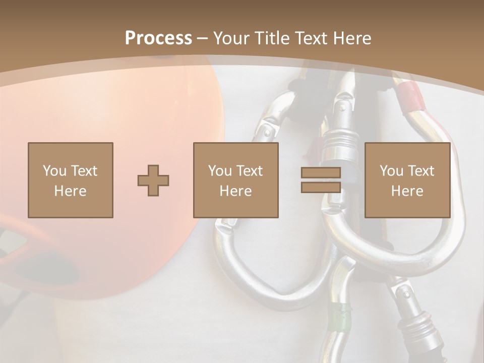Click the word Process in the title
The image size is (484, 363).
tap(158, 38)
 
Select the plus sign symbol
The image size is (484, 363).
tap(153, 180)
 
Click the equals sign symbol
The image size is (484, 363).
tap(321, 180)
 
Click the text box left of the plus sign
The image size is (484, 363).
tap(70, 180)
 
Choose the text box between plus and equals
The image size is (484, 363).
tap(235, 180)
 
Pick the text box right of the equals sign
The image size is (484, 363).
tap(407, 180)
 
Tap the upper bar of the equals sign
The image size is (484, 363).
tap(321, 173)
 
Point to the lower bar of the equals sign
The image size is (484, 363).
tap(321, 187)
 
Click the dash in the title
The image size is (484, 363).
tap(203, 38)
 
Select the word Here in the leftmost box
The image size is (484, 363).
tap(70, 191)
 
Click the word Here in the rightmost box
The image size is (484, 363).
tap(407, 191)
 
